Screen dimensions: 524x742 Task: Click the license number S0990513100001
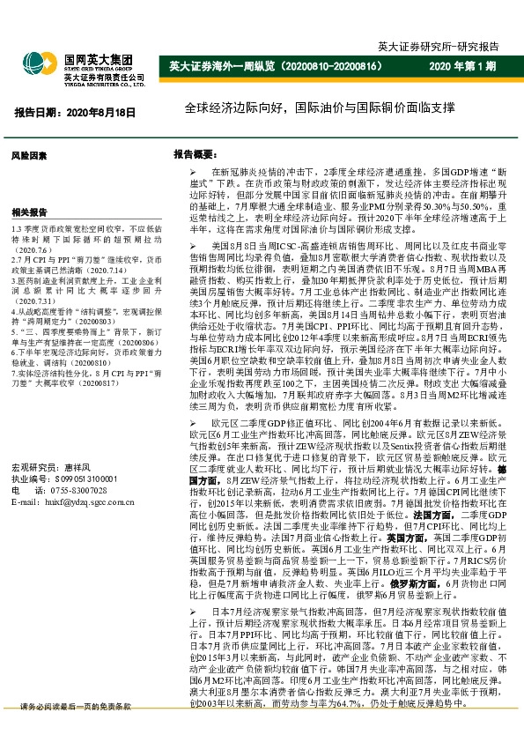[x=85, y=478]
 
